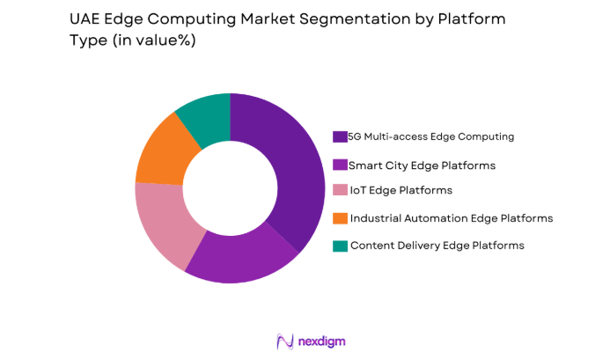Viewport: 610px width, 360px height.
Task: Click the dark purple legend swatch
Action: pos(339,136)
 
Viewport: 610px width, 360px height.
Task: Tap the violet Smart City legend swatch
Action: pos(339,164)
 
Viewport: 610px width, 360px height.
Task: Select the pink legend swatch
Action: pos(339,190)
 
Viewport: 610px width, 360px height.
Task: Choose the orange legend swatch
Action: pos(339,217)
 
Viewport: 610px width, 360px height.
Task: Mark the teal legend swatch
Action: pos(339,245)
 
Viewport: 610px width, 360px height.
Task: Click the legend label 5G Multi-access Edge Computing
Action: pos(430,136)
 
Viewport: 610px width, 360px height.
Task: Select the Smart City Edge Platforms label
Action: pos(409,164)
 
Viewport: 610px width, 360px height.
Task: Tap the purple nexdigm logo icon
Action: pos(285,341)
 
